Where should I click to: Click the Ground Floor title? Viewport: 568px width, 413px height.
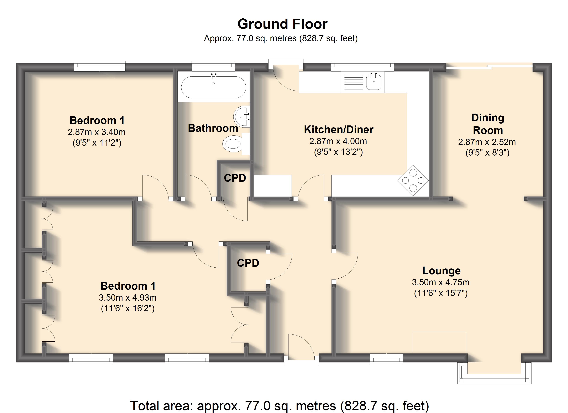pyautogui.click(x=282, y=24)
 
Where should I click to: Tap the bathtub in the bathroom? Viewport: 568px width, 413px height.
pyautogui.click(x=214, y=87)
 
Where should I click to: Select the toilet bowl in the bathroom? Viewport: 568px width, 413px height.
pyautogui.click(x=232, y=144)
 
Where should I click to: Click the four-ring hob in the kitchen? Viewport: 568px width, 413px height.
pyautogui.click(x=413, y=180)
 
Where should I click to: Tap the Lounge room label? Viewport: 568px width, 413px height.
pyautogui.click(x=441, y=271)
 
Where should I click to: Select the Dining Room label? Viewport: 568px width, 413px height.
pyautogui.click(x=488, y=124)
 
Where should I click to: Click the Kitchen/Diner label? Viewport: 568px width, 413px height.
pyautogui.click(x=339, y=129)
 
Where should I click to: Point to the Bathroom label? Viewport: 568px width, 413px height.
pyautogui.click(x=213, y=128)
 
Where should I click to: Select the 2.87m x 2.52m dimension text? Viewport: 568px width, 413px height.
pyautogui.click(x=487, y=142)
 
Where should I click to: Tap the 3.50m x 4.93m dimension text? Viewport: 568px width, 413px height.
pyautogui.click(x=128, y=298)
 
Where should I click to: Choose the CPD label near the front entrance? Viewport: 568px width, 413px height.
pyautogui.click(x=248, y=263)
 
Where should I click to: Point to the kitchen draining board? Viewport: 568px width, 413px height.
pyautogui.click(x=353, y=82)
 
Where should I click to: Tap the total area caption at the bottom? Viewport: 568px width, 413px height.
pyautogui.click(x=280, y=406)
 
